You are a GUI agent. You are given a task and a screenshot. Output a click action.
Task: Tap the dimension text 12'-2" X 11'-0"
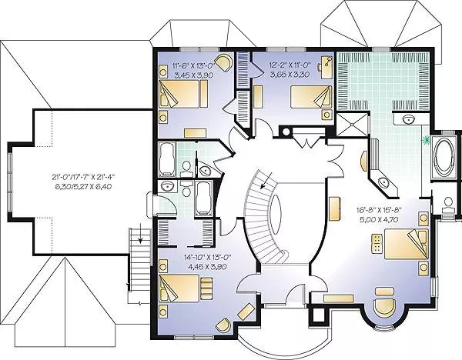(x=289, y=65)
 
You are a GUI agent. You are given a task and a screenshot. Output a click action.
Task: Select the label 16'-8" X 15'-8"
(x=379, y=211)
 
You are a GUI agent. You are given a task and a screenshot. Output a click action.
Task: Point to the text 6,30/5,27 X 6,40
(x=83, y=187)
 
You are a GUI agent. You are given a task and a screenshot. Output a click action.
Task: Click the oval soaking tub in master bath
(x=445, y=156)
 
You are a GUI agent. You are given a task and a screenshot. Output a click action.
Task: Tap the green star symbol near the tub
(x=426, y=141)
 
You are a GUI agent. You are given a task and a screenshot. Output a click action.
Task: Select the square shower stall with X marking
(x=353, y=125)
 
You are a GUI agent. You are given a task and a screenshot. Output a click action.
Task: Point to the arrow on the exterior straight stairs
(x=141, y=236)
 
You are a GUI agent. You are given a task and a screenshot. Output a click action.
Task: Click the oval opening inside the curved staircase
(x=276, y=211)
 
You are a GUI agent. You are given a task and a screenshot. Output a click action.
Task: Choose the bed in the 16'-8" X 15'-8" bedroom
(x=406, y=244)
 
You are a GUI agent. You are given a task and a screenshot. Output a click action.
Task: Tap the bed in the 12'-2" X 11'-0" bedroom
(x=311, y=97)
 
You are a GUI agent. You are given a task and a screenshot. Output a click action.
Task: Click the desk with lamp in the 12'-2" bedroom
(x=326, y=65)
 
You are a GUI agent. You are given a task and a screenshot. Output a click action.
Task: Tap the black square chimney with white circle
(x=286, y=132)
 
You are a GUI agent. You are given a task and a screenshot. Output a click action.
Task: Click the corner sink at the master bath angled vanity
(x=383, y=182)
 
